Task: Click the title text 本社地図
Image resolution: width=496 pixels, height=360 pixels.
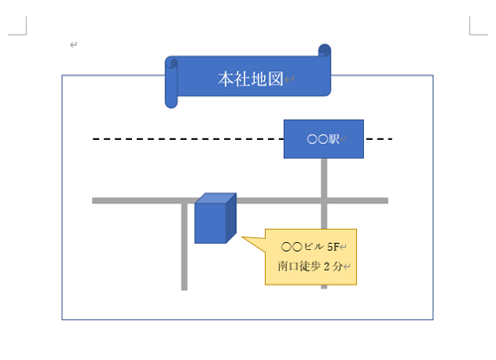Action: (x=250, y=77)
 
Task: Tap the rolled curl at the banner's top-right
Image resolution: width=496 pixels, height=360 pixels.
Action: (x=323, y=52)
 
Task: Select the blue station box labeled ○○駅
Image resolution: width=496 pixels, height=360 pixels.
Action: (x=323, y=139)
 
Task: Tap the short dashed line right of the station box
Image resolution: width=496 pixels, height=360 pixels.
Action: (x=379, y=139)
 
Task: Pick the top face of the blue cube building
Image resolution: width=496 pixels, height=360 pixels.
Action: (x=216, y=198)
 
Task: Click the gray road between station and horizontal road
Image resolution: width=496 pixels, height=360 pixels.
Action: (x=323, y=179)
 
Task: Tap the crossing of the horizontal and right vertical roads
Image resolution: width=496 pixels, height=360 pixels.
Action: (x=323, y=200)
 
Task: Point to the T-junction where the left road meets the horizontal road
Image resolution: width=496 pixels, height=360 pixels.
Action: (x=185, y=200)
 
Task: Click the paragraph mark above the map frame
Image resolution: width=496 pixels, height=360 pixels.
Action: (x=73, y=46)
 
